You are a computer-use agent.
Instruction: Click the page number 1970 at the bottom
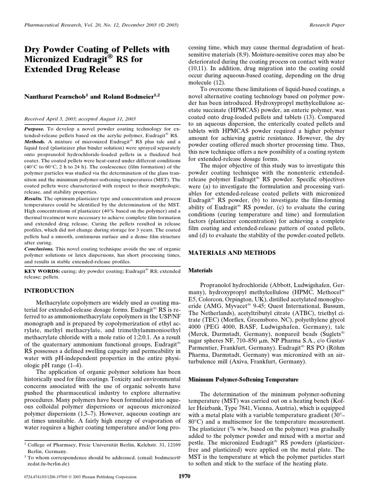(x=184, y=476)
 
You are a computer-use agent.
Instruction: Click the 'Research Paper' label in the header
(x=328, y=25)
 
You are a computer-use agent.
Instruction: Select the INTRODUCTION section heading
(x=49, y=291)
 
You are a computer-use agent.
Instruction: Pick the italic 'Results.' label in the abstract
(x=34, y=199)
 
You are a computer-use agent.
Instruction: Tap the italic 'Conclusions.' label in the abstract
(x=39, y=249)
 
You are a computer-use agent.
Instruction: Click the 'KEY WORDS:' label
(x=41, y=271)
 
